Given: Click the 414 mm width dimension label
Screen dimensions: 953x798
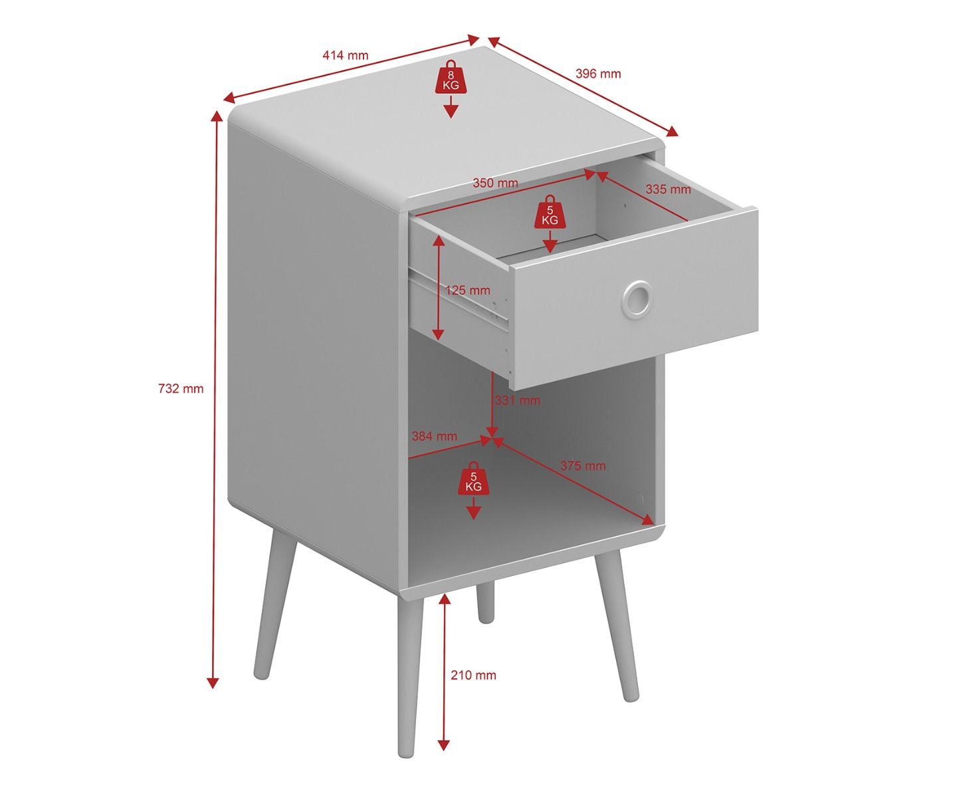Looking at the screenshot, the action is coord(345,55).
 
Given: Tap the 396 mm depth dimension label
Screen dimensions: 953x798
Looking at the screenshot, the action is coord(598,74).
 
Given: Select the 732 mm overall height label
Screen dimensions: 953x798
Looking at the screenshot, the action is coord(181,389).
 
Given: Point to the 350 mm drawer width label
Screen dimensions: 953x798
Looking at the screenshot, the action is coord(495,183).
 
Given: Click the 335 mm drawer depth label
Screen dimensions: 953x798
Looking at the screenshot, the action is coord(668,189).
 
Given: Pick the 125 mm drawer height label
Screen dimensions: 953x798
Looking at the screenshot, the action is coord(468,290).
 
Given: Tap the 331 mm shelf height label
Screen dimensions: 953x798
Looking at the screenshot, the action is coord(518,400).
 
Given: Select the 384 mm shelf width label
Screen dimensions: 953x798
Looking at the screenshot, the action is coord(434,436).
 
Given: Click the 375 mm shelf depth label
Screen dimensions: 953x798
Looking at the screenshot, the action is coord(583,465).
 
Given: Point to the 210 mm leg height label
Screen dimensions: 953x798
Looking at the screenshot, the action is coord(473,675).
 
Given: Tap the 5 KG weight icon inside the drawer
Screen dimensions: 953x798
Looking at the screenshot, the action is coord(550,212).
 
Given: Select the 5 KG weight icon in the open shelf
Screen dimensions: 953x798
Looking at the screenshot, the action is coord(473,479).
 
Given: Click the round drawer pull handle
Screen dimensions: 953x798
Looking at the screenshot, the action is coord(636,297).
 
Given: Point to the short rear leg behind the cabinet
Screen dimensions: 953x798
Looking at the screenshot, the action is coord(485,601).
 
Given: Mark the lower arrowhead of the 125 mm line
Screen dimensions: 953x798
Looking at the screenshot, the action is coord(438,334).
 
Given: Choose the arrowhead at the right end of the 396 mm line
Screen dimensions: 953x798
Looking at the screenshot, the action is coord(672,132).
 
